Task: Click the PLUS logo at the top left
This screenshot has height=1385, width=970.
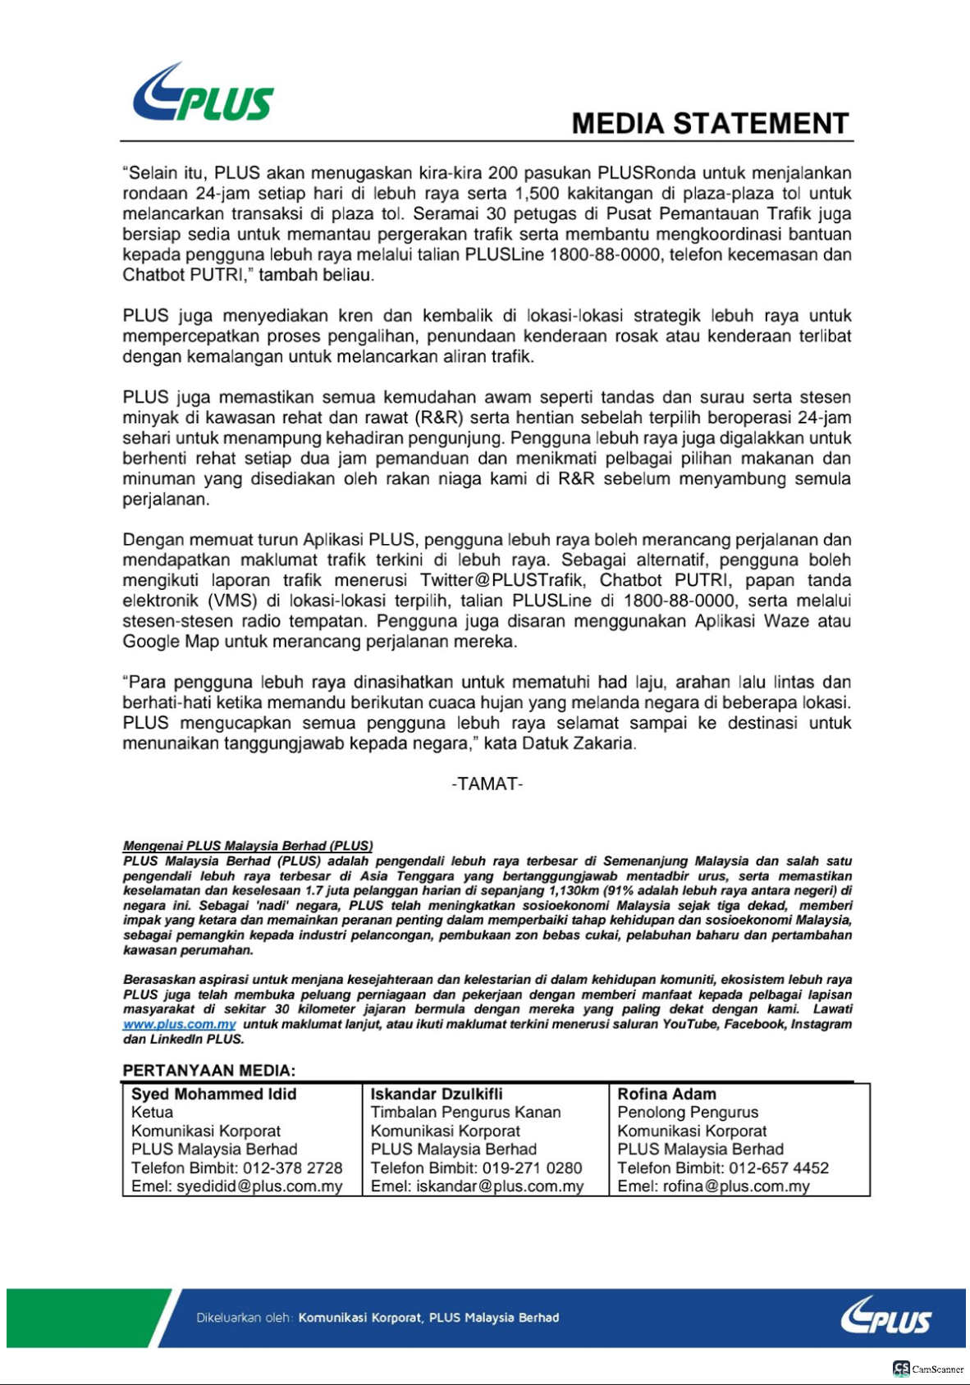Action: pyautogui.click(x=203, y=94)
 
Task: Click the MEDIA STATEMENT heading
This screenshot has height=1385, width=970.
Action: pyautogui.click(x=710, y=124)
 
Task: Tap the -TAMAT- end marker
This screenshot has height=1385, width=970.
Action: pyautogui.click(x=487, y=784)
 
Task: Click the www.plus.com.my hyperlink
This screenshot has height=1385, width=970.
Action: pyautogui.click(x=179, y=1025)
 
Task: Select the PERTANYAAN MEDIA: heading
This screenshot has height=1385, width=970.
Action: pyautogui.click(x=208, y=1071)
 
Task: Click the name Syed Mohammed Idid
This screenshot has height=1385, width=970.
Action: pyautogui.click(x=213, y=1095)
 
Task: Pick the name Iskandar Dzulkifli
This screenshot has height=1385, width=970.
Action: pyautogui.click(x=436, y=1095)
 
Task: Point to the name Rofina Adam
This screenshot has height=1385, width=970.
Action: pyautogui.click(x=666, y=1095)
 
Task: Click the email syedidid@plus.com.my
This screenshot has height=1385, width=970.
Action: pyautogui.click(x=259, y=1187)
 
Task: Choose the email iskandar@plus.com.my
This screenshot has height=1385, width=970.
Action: pyautogui.click(x=500, y=1187)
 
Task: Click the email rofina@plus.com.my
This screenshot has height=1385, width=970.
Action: pyautogui.click(x=736, y=1187)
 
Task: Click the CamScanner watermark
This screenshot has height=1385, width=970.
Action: pyautogui.click(x=928, y=1369)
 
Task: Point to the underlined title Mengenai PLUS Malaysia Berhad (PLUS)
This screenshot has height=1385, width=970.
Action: pyautogui.click(x=248, y=846)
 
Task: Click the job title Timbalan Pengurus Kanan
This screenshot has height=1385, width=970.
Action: pyautogui.click(x=465, y=1113)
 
